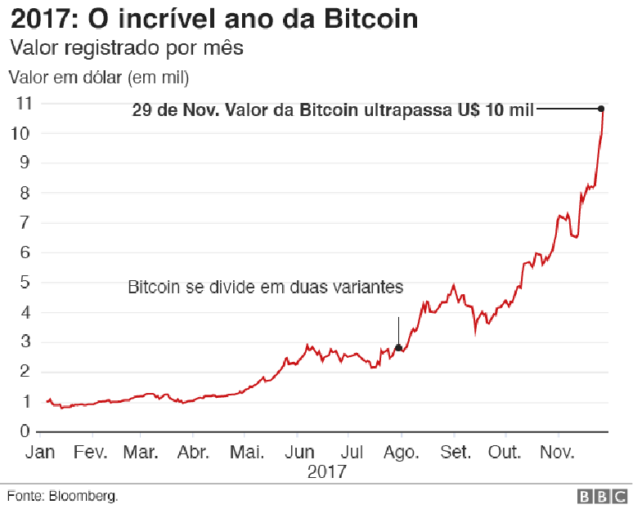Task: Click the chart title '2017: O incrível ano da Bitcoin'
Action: [x=214, y=18]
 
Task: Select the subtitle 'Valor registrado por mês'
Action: [x=126, y=48]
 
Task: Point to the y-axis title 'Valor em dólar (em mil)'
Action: [x=99, y=78]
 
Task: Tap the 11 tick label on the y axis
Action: [x=24, y=103]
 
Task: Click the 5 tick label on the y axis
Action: [x=26, y=283]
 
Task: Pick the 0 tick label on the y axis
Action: [x=26, y=431]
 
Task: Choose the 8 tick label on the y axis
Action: [x=26, y=193]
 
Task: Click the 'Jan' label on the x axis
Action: [x=39, y=453]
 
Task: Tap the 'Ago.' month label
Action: [x=401, y=453]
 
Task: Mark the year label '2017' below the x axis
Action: [x=327, y=472]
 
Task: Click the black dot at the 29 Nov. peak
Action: [x=601, y=109]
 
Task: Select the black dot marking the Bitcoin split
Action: [x=398, y=348]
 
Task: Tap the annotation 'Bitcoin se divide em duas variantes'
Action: [x=266, y=288]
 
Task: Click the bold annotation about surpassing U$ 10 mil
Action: [x=333, y=110]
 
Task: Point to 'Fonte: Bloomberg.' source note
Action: [x=63, y=496]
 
